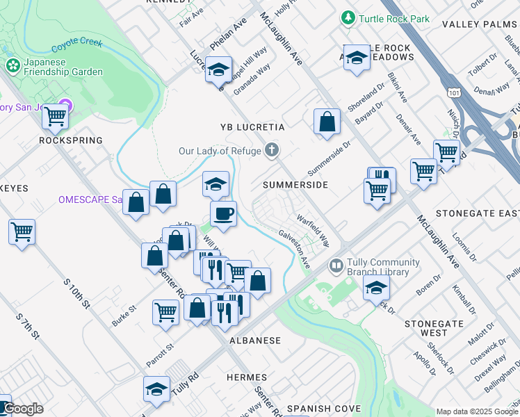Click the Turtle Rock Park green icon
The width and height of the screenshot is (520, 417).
click(347, 17)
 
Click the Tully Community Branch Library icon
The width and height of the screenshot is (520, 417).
click(336, 266)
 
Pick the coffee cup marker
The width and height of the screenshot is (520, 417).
click(223, 214)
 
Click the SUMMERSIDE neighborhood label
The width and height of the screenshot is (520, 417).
click(295, 185)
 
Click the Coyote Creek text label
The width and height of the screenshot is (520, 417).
click(76, 47)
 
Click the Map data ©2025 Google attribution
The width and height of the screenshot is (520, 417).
click(477, 411)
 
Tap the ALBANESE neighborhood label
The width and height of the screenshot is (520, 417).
click(255, 341)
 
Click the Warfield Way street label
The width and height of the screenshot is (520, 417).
click(313, 230)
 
